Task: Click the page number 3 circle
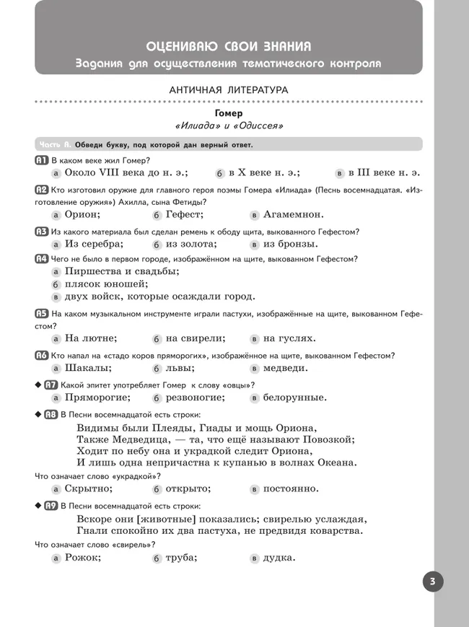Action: click(x=433, y=582)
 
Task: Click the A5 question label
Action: click(x=41, y=314)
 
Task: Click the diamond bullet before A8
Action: click(x=38, y=414)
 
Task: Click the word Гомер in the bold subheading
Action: click(x=229, y=113)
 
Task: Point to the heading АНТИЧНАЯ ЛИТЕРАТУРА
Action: click(x=228, y=90)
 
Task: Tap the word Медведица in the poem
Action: click(x=136, y=439)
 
